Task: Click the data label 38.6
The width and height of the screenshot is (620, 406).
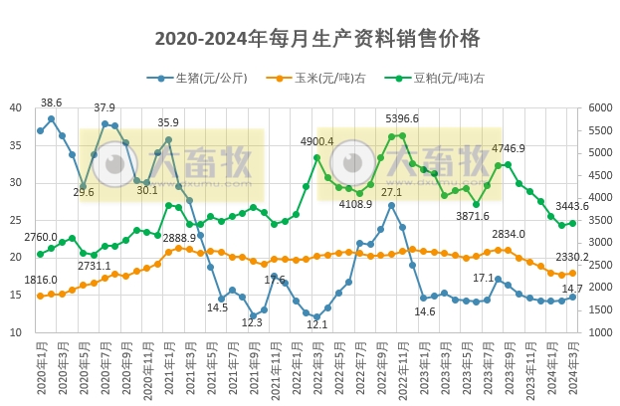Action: [51, 102]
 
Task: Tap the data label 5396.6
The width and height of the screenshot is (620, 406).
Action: [402, 118]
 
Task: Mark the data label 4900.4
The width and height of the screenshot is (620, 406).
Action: [316, 141]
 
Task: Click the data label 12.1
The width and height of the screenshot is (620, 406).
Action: [316, 324]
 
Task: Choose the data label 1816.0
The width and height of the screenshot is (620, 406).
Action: [41, 281]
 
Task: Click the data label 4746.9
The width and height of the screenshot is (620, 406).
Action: [508, 148]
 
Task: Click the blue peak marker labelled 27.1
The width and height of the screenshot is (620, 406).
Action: [391, 205]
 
